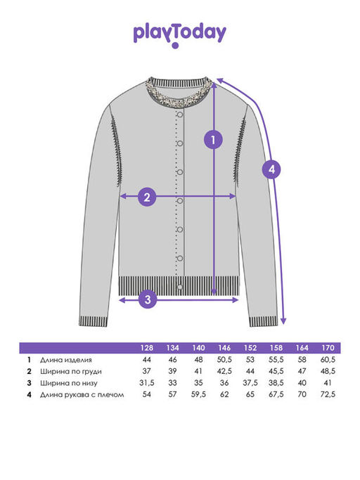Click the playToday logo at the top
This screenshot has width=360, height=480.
pyautogui.click(x=180, y=34)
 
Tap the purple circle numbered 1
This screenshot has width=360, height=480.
pyautogui.click(x=213, y=140)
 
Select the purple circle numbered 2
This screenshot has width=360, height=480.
pyautogui.click(x=147, y=197)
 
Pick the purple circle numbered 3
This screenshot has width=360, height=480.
pyautogui.click(x=148, y=299)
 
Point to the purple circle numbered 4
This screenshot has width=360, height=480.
pyautogui.click(x=271, y=169)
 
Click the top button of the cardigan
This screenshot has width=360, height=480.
pyautogui.click(x=180, y=115)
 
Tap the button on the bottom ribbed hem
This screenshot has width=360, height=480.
pyautogui.click(x=180, y=287)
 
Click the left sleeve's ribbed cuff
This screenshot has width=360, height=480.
pyautogui.click(x=94, y=321)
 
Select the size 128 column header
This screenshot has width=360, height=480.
pyautogui.click(x=147, y=348)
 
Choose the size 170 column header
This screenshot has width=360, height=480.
pyautogui.click(x=328, y=348)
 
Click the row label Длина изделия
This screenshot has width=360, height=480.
pyautogui.click(x=66, y=360)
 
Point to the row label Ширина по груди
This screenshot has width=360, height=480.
pyautogui.click(x=71, y=372)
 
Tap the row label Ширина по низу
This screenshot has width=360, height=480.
pyautogui.click(x=69, y=383)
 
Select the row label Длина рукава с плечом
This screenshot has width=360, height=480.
pyautogui.click(x=82, y=394)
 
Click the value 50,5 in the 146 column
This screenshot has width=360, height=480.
pyautogui.click(x=224, y=360)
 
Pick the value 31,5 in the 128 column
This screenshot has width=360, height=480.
pyautogui.click(x=147, y=383)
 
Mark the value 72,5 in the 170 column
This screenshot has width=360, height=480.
pyautogui.click(x=328, y=394)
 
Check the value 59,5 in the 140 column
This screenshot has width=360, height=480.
pyautogui.click(x=198, y=394)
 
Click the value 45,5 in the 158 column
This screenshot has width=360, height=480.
pyautogui.click(x=276, y=371)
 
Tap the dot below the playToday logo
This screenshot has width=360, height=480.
pyautogui.click(x=175, y=46)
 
